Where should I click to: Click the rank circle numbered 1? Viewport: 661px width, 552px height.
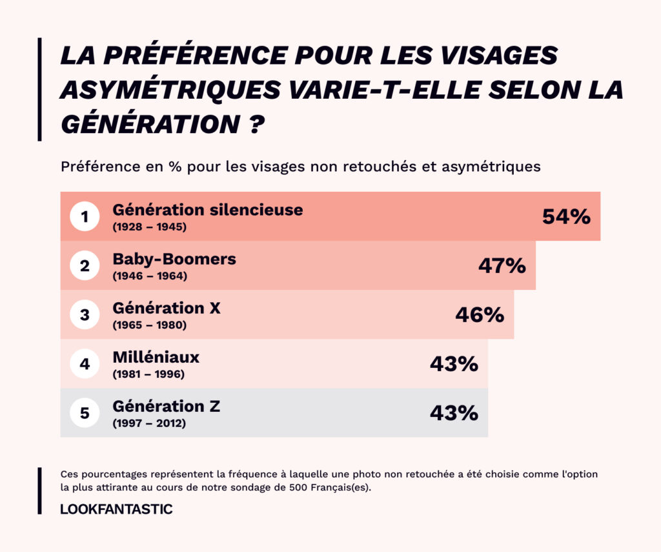[x=85, y=217]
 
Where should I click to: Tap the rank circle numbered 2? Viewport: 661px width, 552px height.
[x=85, y=266]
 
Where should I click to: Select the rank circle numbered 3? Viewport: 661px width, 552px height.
[x=85, y=315]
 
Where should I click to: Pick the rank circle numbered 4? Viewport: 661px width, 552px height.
[x=85, y=364]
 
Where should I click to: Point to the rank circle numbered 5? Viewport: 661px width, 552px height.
[x=85, y=413]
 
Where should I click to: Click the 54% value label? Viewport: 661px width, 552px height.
[x=566, y=217]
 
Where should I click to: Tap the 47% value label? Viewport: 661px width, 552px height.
[x=502, y=266]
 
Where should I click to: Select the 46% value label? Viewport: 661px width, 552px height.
[x=480, y=315]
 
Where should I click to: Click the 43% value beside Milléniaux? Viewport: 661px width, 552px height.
[x=454, y=364]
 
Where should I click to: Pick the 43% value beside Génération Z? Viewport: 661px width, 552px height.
[x=454, y=413]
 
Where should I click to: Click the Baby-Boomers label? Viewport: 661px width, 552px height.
[x=174, y=260]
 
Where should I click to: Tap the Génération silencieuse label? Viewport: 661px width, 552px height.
[x=207, y=210]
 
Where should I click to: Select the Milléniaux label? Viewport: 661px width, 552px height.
[x=156, y=358]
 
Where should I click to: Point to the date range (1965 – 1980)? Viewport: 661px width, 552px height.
[x=150, y=325]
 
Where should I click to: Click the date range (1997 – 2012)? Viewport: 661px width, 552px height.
[x=150, y=424]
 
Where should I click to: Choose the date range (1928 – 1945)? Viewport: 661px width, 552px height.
[x=150, y=227]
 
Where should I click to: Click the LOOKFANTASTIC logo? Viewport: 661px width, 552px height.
[x=116, y=509]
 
